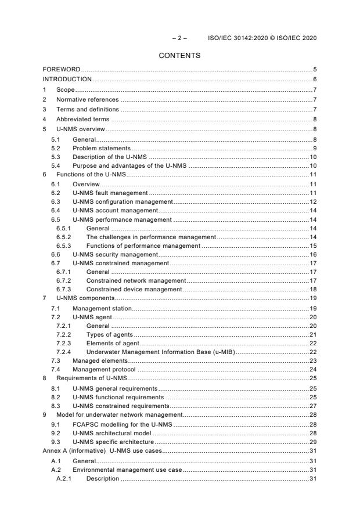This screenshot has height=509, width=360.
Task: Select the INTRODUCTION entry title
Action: tap(67, 79)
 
